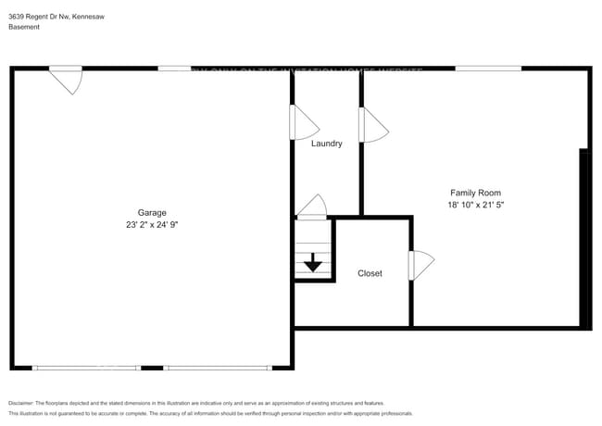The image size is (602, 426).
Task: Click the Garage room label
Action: [x=152, y=213]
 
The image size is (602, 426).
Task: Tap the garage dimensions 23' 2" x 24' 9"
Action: [x=152, y=225]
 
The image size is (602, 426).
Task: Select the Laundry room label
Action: [x=326, y=144]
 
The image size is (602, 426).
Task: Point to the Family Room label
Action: [x=475, y=192]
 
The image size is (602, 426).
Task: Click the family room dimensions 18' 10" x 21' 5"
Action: [x=475, y=204]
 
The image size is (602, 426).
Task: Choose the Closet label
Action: [x=370, y=273]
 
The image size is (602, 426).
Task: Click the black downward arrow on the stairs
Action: [x=312, y=263]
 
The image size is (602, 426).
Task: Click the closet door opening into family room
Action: [x=420, y=266]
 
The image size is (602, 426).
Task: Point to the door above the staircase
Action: [x=311, y=207]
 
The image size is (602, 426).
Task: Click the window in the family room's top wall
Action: [x=487, y=68]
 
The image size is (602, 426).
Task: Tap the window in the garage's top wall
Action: [x=175, y=68]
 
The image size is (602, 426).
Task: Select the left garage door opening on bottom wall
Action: [x=86, y=368]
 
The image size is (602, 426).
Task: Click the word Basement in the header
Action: [x=23, y=27]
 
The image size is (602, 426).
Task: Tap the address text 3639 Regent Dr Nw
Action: [x=42, y=14]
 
